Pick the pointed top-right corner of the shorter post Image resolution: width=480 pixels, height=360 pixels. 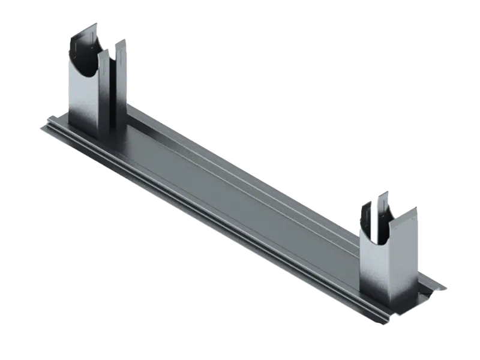point(419,208)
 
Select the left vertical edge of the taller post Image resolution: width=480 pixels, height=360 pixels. point(68,90)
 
